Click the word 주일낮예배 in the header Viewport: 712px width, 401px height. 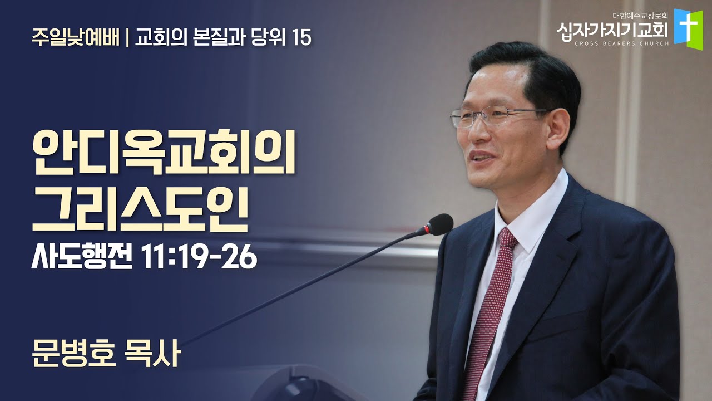[x=75, y=37]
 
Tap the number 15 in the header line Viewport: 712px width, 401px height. [x=300, y=37]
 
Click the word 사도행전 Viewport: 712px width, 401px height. [x=83, y=257]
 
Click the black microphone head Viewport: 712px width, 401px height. [x=439, y=224]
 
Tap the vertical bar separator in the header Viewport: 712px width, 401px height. [x=127, y=37]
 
